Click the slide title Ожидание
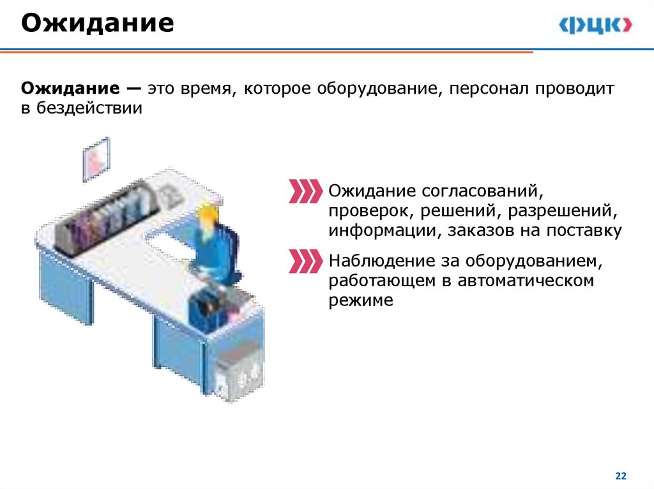tap(98, 24)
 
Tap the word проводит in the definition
tap(575, 89)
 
